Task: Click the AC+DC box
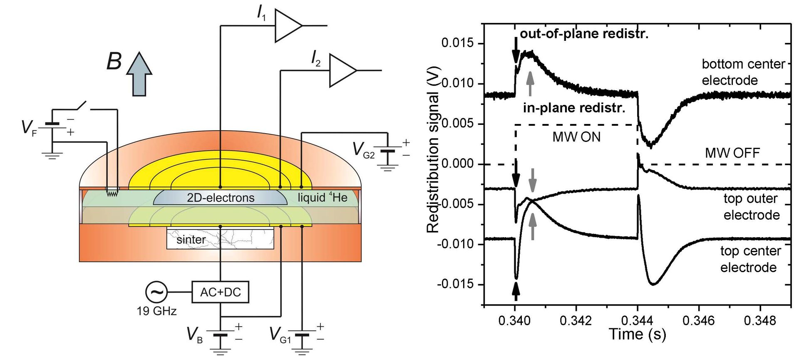coord(220,292)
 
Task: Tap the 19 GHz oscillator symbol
coord(156,292)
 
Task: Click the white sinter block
coord(220,239)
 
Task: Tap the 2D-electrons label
coord(220,198)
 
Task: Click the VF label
coord(29,128)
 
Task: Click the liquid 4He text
coord(323,197)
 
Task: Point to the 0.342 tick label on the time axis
coord(576,320)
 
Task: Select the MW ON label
coord(576,137)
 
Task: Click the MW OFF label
coord(732,153)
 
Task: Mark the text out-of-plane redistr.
coord(584,34)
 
